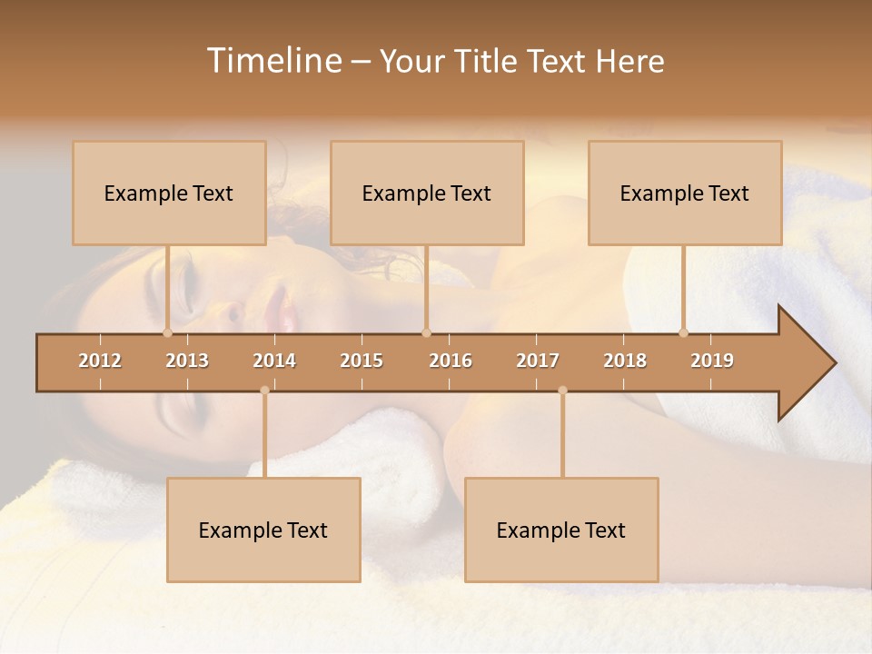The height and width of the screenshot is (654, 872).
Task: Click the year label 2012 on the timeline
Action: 100,361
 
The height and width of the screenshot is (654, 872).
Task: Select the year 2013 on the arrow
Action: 187,361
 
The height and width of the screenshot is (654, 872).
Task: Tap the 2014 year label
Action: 274,361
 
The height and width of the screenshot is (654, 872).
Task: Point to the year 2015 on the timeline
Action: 362,361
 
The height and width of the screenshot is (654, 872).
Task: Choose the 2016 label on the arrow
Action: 451,361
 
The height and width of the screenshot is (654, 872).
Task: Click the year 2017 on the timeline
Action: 538,361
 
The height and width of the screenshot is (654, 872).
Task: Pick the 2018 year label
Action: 625,361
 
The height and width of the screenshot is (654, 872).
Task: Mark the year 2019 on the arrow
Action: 712,361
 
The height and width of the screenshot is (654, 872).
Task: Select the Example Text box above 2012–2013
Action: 169,193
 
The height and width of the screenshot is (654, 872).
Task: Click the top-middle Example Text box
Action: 427,193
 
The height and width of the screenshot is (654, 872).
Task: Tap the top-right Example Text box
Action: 685,193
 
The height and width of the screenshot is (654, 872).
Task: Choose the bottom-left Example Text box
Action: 263,530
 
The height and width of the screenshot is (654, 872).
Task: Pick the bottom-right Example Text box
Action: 561,530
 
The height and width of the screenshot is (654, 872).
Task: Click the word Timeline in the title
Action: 273,61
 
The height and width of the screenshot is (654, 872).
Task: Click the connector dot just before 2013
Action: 167,332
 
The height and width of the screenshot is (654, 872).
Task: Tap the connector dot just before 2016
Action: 426,332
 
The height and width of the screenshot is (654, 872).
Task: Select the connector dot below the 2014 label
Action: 264,391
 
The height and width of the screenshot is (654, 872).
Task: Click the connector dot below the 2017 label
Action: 562,391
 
